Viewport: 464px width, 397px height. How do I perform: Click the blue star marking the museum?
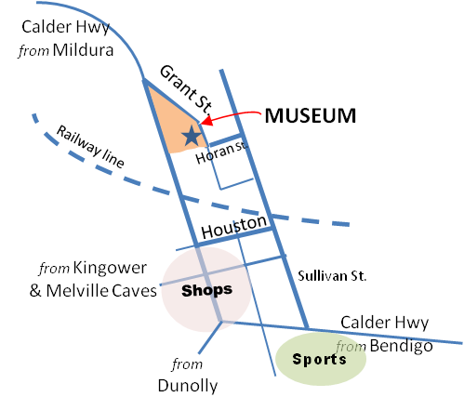192,136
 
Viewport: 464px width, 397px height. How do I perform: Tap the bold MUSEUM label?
311,116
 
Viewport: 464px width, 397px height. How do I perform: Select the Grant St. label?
187,89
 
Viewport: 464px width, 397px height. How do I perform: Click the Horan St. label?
222,152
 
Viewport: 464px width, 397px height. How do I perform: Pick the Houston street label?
234,226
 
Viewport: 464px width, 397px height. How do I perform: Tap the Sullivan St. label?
332,275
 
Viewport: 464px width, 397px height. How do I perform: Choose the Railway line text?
90,147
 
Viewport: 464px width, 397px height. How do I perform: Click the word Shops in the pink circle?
206,291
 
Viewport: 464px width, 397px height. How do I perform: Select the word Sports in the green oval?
319,360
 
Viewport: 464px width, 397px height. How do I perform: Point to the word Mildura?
83,50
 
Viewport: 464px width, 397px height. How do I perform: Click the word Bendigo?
402,346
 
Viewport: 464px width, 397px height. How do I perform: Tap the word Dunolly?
188,386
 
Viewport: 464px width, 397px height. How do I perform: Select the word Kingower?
110,268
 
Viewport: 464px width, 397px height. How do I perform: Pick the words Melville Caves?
101,291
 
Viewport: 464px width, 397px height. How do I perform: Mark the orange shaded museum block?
174,121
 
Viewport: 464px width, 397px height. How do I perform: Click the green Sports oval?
321,359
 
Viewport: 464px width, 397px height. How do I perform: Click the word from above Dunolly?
187,364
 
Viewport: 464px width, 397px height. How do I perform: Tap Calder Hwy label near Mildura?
65,27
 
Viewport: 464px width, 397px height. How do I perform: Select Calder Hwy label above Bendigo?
385,323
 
